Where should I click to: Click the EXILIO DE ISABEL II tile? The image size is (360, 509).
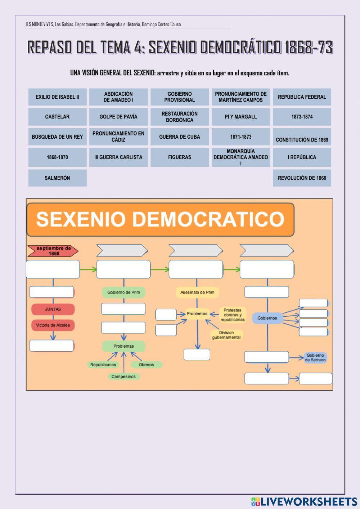[x=57, y=97]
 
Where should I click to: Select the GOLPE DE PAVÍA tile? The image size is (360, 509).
[x=118, y=117]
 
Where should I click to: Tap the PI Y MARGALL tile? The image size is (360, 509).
[x=241, y=117]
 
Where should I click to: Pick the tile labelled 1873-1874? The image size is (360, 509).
[x=302, y=117]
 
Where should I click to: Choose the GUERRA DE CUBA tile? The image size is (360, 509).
[x=180, y=137]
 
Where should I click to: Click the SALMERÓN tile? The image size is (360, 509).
[x=57, y=178]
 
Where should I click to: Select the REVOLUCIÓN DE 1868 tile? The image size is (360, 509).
[x=302, y=178]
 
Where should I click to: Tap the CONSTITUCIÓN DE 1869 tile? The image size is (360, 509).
[x=302, y=139]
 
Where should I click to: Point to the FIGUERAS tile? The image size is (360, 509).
[x=180, y=157]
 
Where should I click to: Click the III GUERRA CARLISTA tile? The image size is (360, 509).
[x=118, y=157]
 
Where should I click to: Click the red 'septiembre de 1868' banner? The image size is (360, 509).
[x=53, y=251]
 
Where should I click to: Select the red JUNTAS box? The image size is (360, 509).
[x=53, y=309]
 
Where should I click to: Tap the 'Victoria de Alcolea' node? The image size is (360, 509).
[x=53, y=325]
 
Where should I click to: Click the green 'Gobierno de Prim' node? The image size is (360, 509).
[x=123, y=292]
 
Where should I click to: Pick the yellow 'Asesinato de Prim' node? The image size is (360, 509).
[x=197, y=292]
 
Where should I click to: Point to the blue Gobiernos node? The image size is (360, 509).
[x=267, y=318]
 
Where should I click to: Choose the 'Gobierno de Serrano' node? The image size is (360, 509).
[x=315, y=357]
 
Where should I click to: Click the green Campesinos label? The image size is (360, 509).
[x=123, y=376]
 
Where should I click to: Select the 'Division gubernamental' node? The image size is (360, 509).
[x=226, y=335]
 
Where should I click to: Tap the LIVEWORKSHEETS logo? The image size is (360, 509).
[x=304, y=501]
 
